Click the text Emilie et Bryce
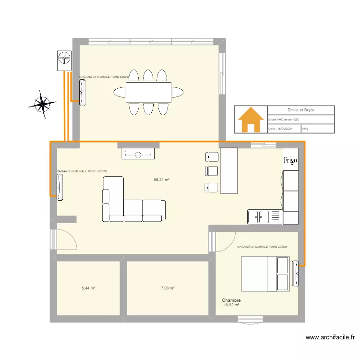pyautogui.click(x=301, y=110)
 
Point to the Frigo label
pyautogui.click(x=290, y=160)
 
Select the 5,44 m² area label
pyautogui.click(x=88, y=288)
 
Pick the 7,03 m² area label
pyautogui.click(x=168, y=288)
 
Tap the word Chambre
pyautogui.click(x=231, y=300)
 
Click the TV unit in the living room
pyautogui.click(x=138, y=154)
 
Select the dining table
pyautogui.click(x=148, y=92)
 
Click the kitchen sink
pyautogui.click(x=258, y=217)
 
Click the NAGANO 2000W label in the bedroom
pyautogui.click(x=262, y=247)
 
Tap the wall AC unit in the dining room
pyautogui.click(x=83, y=92)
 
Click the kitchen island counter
pyautogui.click(x=229, y=170)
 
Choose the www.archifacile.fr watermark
pyautogui.click(x=329, y=338)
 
